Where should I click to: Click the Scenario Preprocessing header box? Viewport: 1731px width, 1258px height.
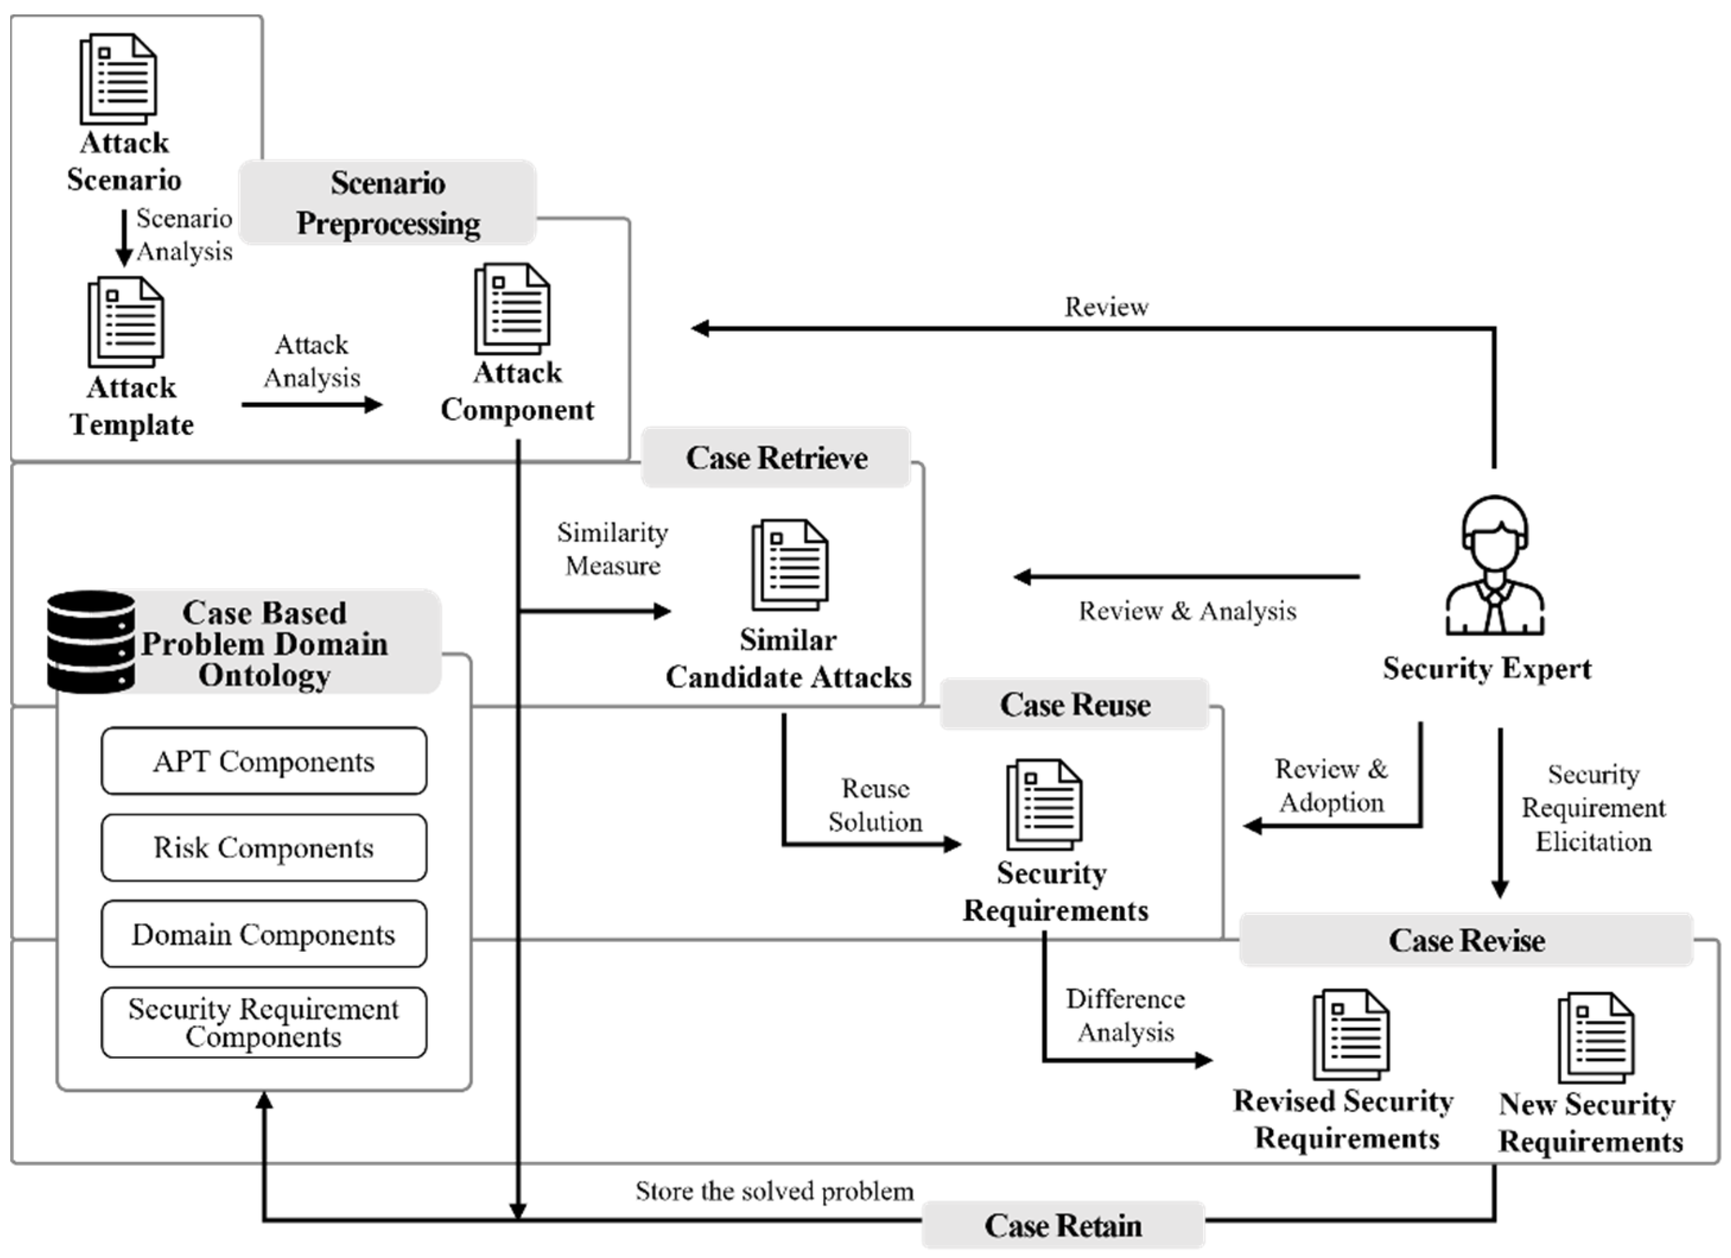click(388, 203)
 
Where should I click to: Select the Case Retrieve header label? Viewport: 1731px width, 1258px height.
click(776, 458)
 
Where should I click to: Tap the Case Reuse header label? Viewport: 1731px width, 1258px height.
click(1075, 704)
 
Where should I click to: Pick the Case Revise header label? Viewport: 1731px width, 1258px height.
click(1466, 940)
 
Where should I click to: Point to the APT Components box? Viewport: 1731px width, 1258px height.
click(264, 761)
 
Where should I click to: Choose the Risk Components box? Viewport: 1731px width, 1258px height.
click(264, 847)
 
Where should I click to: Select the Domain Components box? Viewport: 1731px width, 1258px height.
click(264, 935)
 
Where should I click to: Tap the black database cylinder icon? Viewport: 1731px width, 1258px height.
click(91, 641)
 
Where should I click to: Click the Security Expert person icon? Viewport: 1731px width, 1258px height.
click(1494, 566)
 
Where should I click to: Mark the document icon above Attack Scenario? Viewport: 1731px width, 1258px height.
click(118, 78)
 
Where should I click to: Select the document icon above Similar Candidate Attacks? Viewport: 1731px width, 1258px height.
click(790, 565)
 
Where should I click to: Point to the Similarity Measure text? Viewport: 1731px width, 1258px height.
click(613, 549)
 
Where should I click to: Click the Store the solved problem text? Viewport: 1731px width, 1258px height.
click(774, 1192)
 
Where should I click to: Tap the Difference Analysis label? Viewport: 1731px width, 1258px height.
click(1125, 1015)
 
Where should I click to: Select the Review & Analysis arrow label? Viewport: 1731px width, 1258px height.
click(1187, 611)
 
